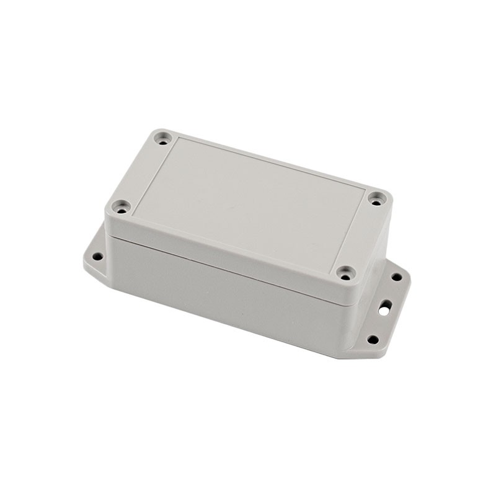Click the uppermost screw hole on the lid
(163, 137)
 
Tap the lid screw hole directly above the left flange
(122, 206)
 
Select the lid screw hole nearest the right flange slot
(346, 272)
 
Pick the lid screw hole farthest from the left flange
(377, 198)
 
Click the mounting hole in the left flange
(97, 255)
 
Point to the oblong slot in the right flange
(385, 306)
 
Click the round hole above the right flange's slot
(396, 277)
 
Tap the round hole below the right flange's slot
(372, 339)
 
